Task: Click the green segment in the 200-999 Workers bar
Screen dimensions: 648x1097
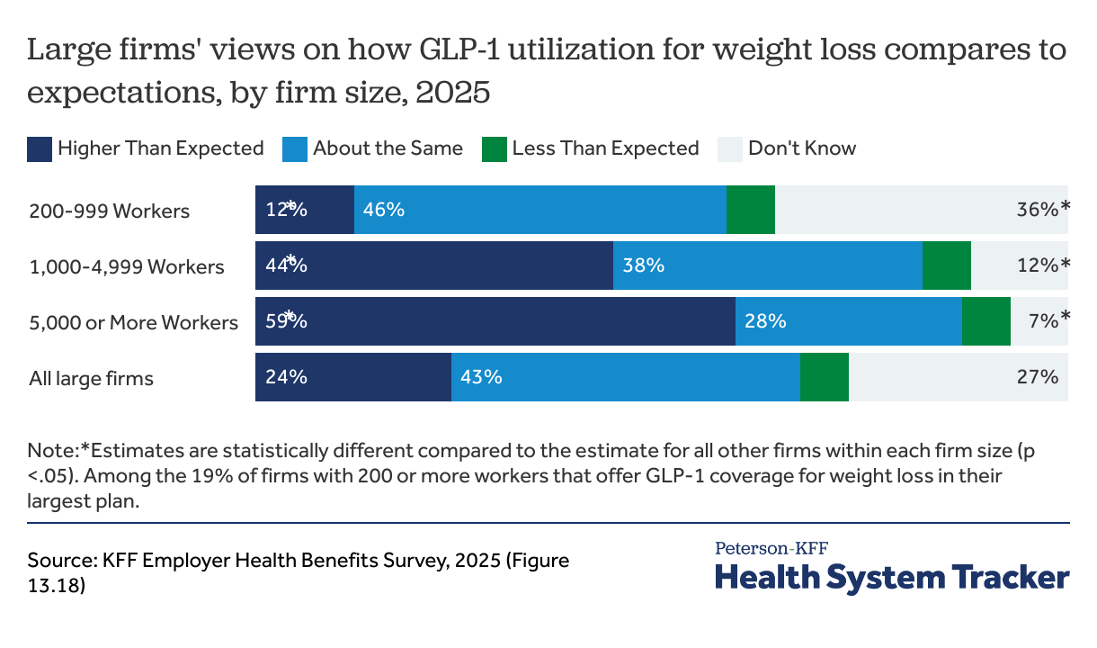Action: click(x=750, y=210)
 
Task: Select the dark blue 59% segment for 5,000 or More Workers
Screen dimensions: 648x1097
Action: click(x=495, y=321)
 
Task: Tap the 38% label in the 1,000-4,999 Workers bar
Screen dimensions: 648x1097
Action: click(x=643, y=265)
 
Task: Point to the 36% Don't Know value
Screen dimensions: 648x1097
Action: click(x=1037, y=210)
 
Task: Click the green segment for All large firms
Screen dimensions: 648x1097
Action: click(x=824, y=377)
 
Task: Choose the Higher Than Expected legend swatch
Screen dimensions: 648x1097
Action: click(x=40, y=148)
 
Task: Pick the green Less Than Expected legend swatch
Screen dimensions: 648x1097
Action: click(x=495, y=148)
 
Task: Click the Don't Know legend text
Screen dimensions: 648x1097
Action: click(x=802, y=148)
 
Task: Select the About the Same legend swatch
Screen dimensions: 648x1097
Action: click(x=295, y=148)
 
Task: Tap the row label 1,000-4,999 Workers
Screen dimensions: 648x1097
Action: click(x=127, y=266)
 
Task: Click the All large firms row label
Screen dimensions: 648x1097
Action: click(x=91, y=378)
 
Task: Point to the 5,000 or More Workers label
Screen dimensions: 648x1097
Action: click(x=133, y=322)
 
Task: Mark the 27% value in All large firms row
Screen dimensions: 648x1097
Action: click(x=1037, y=377)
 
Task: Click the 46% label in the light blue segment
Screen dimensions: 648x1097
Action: click(x=384, y=210)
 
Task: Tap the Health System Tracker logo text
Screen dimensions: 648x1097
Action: click(x=892, y=577)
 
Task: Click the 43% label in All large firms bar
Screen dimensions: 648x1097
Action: click(x=481, y=377)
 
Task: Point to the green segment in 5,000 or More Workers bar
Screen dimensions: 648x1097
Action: click(x=986, y=321)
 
